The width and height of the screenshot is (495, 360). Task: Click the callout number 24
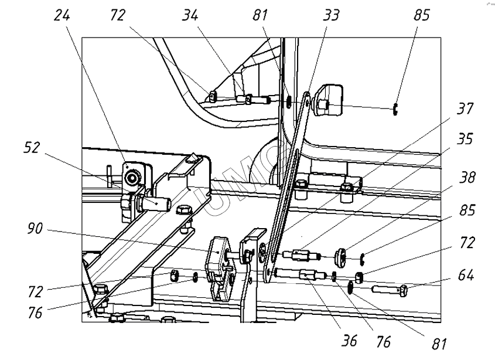(62, 15)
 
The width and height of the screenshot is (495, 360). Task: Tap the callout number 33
(330, 15)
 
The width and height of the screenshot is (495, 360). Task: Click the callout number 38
(467, 178)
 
